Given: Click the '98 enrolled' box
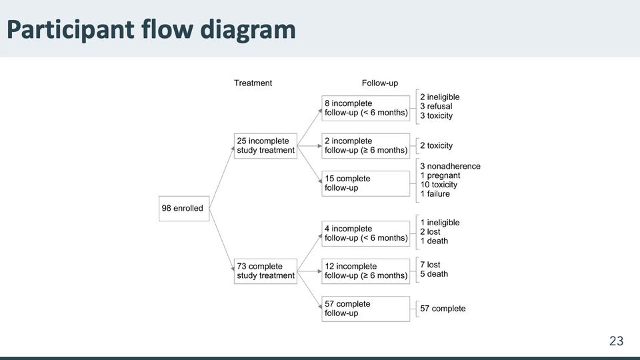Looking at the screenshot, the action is point(184,209).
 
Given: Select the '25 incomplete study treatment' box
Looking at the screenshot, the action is point(265,146).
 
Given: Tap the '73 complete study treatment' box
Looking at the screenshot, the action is point(265,271).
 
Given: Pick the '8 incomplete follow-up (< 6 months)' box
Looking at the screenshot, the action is point(366,108).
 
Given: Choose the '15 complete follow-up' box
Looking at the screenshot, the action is point(366,183).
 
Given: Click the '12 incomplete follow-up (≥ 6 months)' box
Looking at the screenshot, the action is point(366,271).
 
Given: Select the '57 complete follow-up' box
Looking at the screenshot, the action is point(366,309).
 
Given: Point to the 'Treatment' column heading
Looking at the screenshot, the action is point(253,83).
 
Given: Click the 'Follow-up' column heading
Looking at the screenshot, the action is point(379,83).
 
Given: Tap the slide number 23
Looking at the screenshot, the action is point(616,341).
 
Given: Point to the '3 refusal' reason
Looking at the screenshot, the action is point(436,106).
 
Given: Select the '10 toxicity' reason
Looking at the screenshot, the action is point(439,185).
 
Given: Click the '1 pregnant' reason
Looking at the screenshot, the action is point(440,175).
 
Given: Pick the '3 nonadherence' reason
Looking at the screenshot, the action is point(450,166).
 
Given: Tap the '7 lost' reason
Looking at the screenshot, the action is point(430,265).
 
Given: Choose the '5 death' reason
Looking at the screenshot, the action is point(434,274).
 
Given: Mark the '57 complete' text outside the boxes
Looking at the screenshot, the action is point(443,309).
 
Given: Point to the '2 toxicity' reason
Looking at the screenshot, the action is point(436,146).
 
